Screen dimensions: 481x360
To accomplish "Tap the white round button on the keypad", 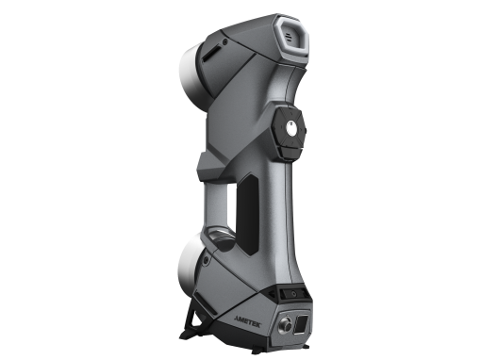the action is click(x=292, y=129).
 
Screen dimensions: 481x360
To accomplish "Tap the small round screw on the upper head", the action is click(x=224, y=41).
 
